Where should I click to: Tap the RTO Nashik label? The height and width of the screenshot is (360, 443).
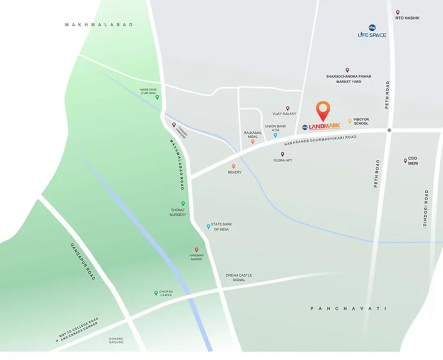(x=406, y=18)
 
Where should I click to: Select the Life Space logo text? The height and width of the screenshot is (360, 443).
(x=372, y=35)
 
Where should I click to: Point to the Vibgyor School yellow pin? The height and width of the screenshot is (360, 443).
(x=349, y=121)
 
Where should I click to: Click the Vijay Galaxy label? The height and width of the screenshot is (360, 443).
(x=284, y=114)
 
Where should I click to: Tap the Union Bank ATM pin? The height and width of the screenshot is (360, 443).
(x=275, y=135)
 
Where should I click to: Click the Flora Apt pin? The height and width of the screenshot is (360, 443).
(x=282, y=154)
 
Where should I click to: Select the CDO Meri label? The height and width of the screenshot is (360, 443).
(x=413, y=161)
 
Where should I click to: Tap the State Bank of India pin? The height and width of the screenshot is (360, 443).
(x=208, y=226)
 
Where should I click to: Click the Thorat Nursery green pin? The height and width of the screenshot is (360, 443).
(x=183, y=203)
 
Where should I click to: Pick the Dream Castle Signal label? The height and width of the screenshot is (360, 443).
(x=239, y=277)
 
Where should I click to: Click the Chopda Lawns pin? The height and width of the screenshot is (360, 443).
(x=156, y=293)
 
